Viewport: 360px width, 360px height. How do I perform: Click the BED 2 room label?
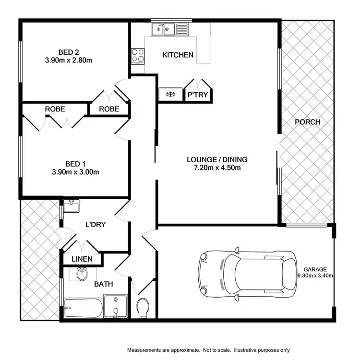(x=69, y=52)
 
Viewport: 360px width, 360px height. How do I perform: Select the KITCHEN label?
(x=178, y=55)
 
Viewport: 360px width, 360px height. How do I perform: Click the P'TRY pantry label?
(x=198, y=95)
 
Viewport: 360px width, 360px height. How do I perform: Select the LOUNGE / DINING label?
(x=217, y=159)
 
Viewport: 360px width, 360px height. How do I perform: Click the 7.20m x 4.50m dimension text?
(x=217, y=168)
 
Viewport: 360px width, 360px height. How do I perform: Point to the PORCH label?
(x=307, y=122)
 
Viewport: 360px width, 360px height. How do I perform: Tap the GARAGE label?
(x=315, y=269)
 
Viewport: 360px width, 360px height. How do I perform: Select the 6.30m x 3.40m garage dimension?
(x=315, y=276)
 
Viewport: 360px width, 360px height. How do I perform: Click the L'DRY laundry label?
(x=96, y=224)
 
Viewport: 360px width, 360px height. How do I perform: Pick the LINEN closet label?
(x=82, y=259)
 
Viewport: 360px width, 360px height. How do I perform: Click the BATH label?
(x=103, y=284)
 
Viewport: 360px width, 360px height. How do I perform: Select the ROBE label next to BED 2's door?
(x=109, y=109)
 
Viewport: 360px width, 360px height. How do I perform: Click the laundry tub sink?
(x=72, y=205)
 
